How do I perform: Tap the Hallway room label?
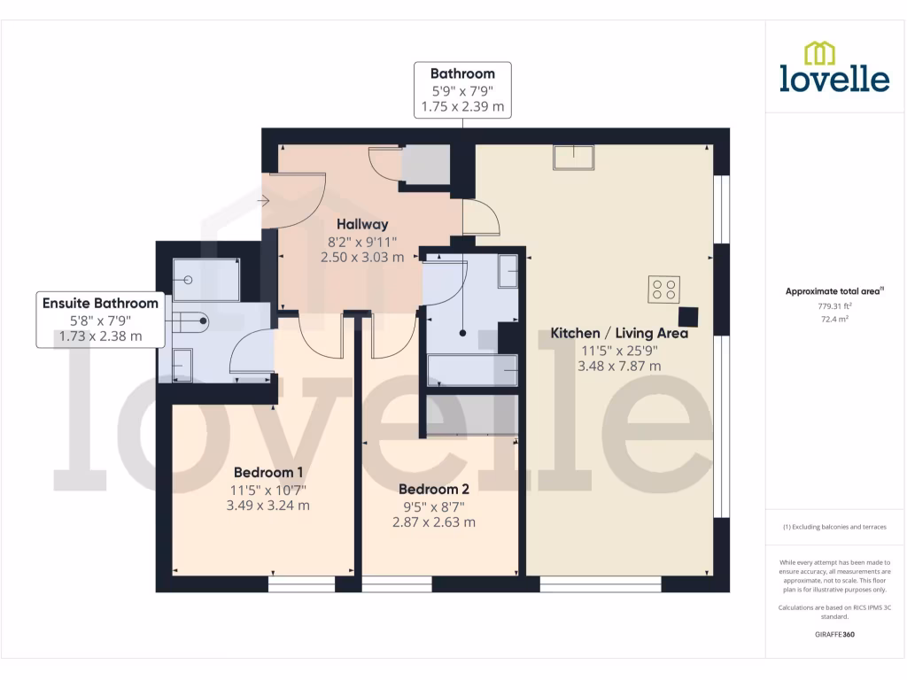tap(361, 225)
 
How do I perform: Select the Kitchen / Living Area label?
tap(619, 334)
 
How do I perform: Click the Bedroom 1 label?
tap(268, 472)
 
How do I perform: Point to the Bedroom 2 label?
tap(433, 489)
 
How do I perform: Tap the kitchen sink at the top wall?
tap(575, 158)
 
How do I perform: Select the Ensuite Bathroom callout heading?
tap(100, 303)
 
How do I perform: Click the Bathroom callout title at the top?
tap(462, 73)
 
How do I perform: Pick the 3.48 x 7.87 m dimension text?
tap(619, 366)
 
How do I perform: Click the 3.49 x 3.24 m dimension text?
tap(268, 506)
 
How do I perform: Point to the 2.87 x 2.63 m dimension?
tap(433, 522)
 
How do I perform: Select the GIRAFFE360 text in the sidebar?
tap(834, 635)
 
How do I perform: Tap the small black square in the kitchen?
tap(687, 317)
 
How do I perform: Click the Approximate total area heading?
tap(833, 291)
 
